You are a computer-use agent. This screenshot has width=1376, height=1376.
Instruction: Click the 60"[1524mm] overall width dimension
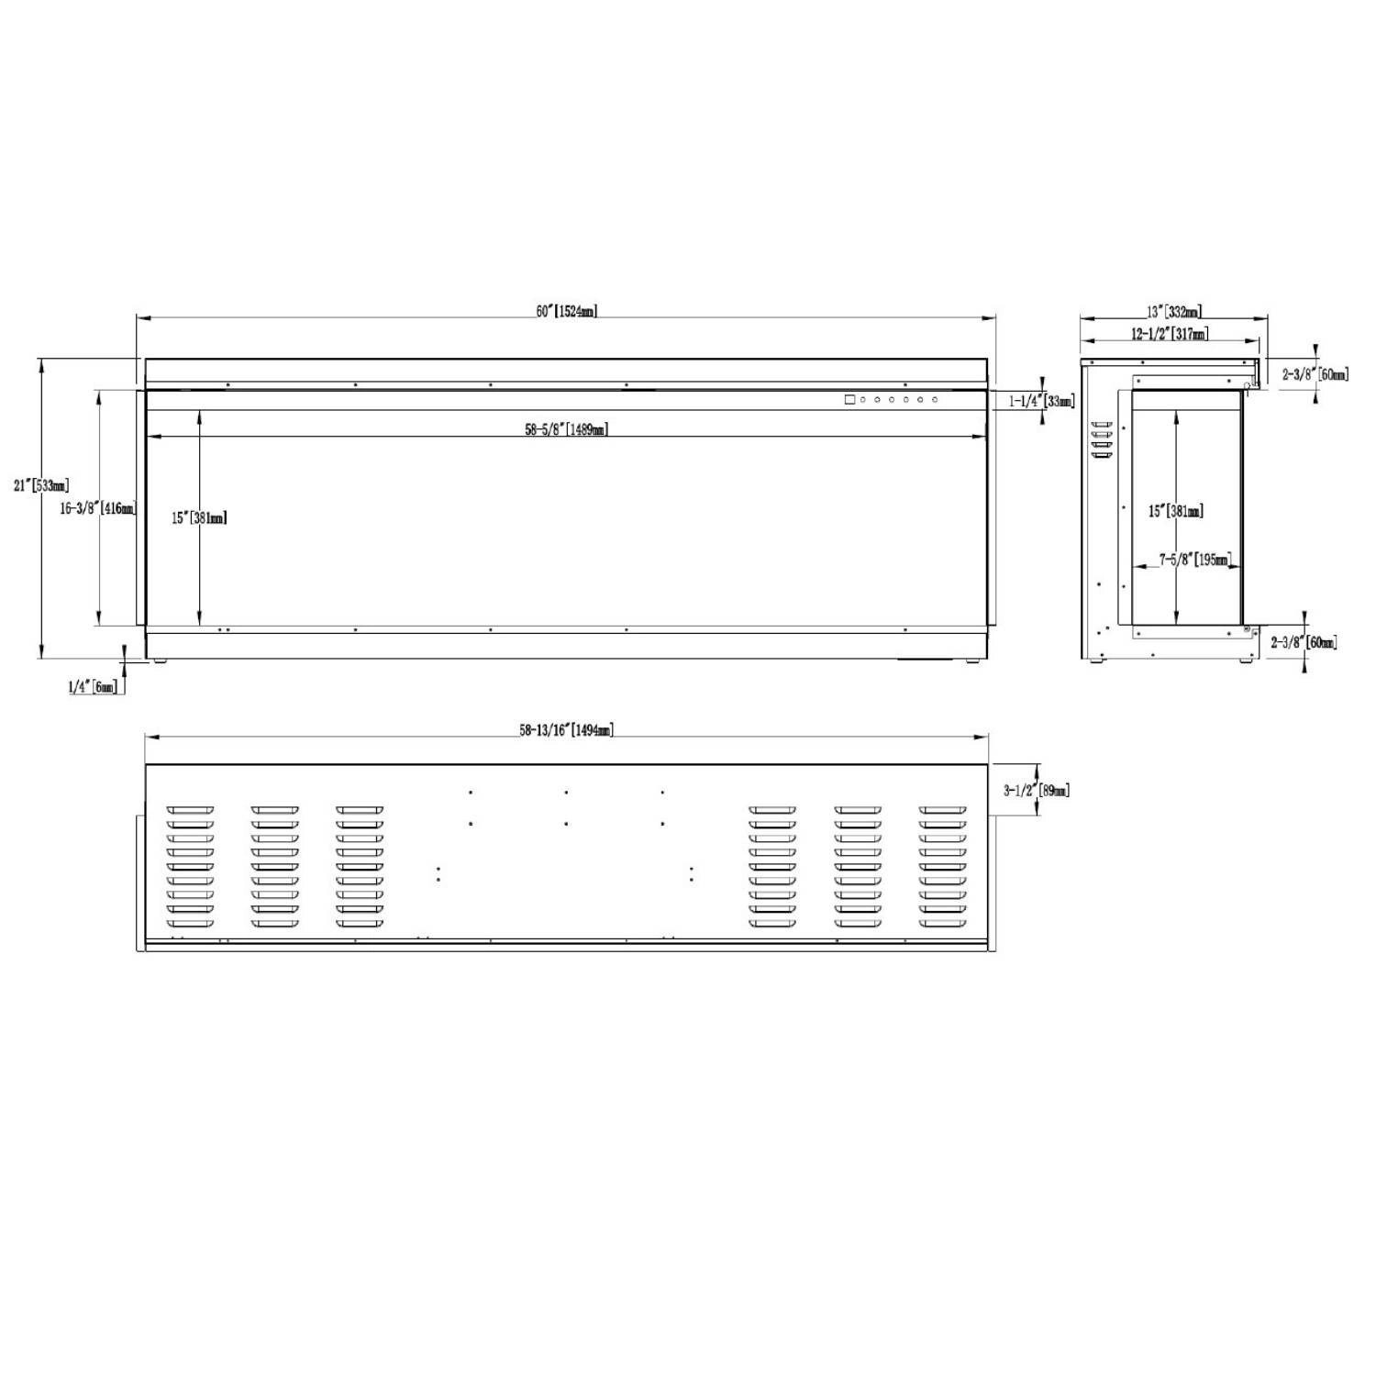(567, 311)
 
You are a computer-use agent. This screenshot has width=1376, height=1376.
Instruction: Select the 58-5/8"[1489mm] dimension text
(567, 429)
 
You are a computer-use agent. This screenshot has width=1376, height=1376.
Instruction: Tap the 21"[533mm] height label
(41, 485)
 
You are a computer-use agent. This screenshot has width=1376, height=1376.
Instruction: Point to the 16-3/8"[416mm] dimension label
(98, 508)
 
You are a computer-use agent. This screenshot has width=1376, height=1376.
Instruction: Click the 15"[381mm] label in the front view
(199, 518)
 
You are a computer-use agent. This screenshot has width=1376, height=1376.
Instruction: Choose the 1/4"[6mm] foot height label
(93, 686)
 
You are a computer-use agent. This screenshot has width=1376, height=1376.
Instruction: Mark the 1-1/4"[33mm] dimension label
(1042, 401)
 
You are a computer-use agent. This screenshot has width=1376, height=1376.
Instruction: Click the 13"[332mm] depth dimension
(1174, 313)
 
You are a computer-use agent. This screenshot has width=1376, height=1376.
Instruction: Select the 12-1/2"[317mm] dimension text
(1170, 334)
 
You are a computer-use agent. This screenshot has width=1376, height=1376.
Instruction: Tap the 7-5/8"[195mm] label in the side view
(1194, 560)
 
